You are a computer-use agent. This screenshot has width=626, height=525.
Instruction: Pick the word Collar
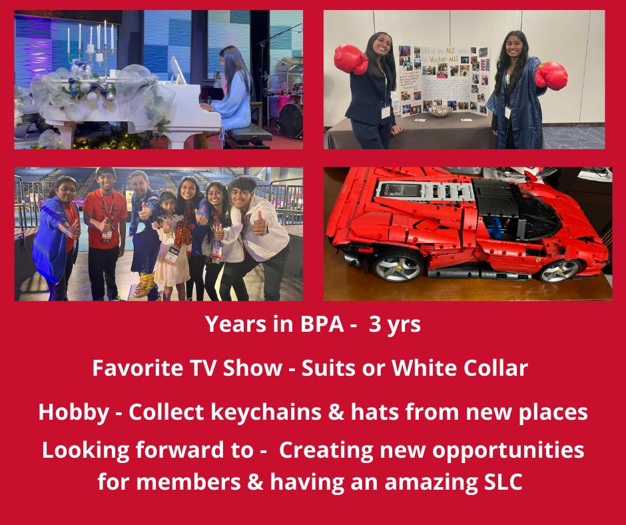(492, 368)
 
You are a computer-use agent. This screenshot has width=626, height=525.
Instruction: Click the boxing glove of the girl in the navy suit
(350, 60)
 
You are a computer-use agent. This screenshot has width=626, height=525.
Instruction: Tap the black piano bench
(248, 133)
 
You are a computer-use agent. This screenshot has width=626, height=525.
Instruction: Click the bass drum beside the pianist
(290, 119)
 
